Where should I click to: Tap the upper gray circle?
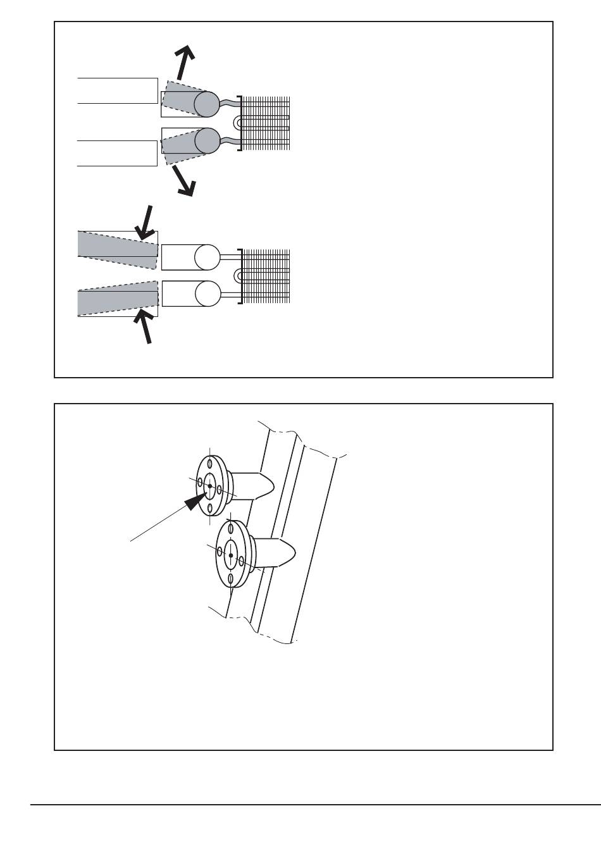(x=206, y=104)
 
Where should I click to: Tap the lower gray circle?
(x=206, y=140)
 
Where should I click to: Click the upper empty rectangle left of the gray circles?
(x=117, y=90)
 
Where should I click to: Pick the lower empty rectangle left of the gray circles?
(x=117, y=153)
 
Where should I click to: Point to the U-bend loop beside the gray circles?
(x=238, y=121)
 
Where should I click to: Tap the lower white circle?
(x=208, y=293)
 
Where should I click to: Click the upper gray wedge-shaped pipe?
(x=118, y=244)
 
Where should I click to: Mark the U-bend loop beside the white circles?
(x=238, y=275)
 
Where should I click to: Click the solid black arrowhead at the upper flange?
(x=194, y=500)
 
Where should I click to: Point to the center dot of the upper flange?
(x=210, y=486)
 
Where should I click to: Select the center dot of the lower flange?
(x=231, y=555)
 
